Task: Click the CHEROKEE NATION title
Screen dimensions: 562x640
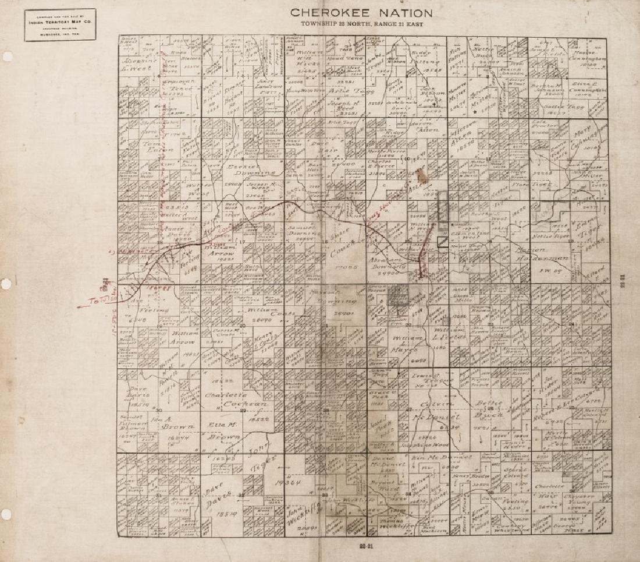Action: click(361, 12)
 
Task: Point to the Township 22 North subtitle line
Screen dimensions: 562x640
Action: click(361, 24)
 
